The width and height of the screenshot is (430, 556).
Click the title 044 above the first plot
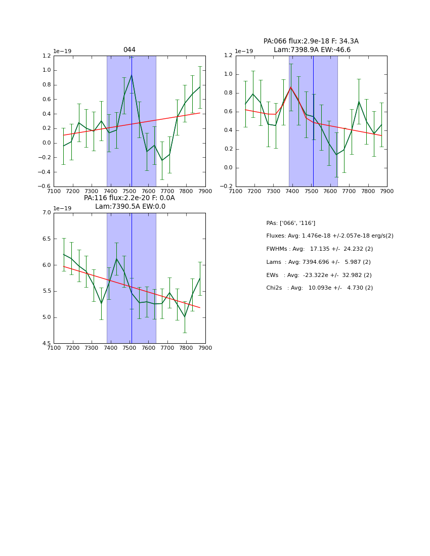tap(130, 50)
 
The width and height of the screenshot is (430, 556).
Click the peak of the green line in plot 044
tap(132, 75)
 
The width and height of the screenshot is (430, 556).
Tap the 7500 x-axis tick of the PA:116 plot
tap(130, 348)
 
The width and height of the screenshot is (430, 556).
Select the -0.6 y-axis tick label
tap(45, 187)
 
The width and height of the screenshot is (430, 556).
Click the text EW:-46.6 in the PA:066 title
tap(333, 50)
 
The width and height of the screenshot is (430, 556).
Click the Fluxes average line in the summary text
tap(329, 236)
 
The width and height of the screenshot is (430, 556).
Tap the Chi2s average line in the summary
tap(319, 288)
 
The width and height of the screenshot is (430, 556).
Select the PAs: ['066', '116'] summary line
tap(290, 223)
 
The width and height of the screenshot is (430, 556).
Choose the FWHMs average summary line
tap(319, 249)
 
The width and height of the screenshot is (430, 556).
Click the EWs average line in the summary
tap(319, 275)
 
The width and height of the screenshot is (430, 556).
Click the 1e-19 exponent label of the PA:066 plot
tap(243, 51)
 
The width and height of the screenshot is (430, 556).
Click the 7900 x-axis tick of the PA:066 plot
tap(387, 191)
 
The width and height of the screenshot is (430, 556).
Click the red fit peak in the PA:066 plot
tap(290, 87)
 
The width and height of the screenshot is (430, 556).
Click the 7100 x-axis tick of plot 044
tap(54, 191)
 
